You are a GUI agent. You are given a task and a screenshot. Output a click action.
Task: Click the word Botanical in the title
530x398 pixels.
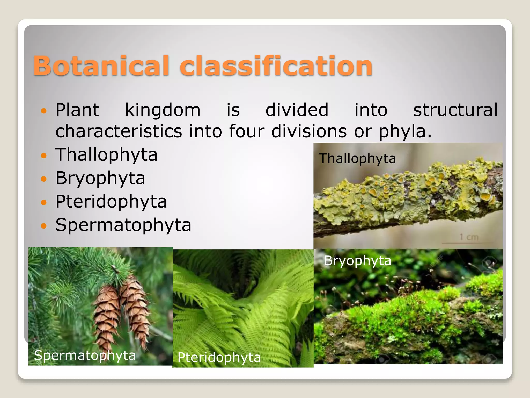(x=101, y=66)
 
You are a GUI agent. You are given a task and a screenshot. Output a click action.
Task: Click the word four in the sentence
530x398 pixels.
(x=246, y=131)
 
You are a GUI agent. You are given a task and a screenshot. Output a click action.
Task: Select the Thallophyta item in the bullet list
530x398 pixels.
(x=106, y=155)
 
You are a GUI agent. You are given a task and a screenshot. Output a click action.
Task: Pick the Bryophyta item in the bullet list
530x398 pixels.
(x=100, y=179)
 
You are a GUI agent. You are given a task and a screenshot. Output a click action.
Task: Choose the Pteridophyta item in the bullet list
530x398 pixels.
(x=111, y=202)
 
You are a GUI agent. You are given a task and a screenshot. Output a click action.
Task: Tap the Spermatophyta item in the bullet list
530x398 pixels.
(x=123, y=225)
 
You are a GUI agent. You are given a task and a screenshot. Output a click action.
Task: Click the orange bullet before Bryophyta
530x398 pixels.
(x=44, y=179)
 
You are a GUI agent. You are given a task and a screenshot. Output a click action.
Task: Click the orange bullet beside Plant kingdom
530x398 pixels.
(x=44, y=111)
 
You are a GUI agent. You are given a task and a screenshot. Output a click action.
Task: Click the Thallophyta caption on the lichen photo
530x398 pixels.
(x=357, y=159)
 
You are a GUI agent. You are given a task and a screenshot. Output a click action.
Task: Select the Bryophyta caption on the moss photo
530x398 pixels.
(x=357, y=261)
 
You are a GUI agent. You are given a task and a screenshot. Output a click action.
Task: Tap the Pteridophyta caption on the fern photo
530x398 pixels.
(x=219, y=358)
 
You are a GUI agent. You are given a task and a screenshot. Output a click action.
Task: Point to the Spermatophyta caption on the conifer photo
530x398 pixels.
(x=85, y=355)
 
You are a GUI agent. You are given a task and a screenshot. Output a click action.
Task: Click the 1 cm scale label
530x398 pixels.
(x=469, y=237)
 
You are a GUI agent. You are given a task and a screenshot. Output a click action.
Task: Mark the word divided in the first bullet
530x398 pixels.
(x=297, y=110)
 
